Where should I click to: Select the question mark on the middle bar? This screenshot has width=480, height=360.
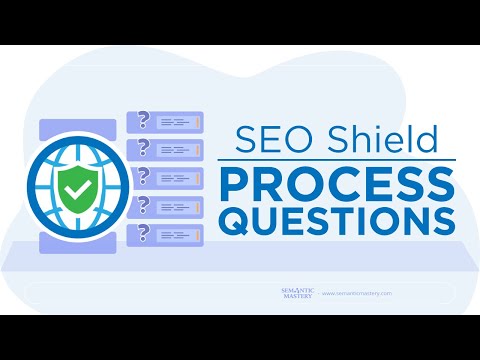(x=144, y=178)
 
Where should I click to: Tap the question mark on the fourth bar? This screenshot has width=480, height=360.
(x=144, y=206)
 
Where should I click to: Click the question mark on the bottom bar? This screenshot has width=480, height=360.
(x=144, y=234)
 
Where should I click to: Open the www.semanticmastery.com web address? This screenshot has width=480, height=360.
(x=357, y=293)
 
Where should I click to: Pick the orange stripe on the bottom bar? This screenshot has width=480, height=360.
(x=198, y=234)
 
